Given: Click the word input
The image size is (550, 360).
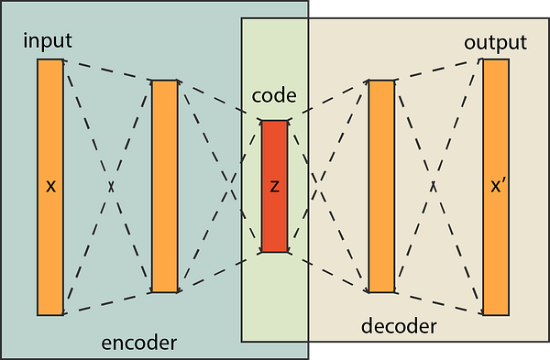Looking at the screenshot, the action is (48, 40).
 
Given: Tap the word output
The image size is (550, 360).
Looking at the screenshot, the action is (495, 43).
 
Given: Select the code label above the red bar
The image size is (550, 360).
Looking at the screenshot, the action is (274, 95).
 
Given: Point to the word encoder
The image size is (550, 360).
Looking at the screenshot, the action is (139, 343).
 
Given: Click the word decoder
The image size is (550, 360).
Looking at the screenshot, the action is (399, 326).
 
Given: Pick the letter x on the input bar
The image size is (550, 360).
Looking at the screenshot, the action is (50, 187).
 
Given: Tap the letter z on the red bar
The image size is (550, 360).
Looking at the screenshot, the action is (275, 187).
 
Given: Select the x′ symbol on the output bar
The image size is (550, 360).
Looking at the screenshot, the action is (498, 186).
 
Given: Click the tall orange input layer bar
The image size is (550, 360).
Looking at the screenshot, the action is (50, 188).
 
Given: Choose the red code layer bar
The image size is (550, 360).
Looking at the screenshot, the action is (275, 187).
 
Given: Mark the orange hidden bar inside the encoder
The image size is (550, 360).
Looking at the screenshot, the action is (164, 186).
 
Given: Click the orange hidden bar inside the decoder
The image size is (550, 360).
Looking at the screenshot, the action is (381, 186).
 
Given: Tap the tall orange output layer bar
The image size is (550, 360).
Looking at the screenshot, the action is (496, 188).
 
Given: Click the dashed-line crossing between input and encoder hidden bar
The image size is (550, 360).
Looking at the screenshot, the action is (111, 187).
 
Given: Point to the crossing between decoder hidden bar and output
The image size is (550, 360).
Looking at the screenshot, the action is (434, 187).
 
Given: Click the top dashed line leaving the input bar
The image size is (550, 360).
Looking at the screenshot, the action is (107, 71).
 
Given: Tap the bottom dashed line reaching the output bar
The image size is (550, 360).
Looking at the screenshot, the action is (439, 303).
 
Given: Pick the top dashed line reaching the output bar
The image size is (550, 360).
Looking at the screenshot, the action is (439, 70).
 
